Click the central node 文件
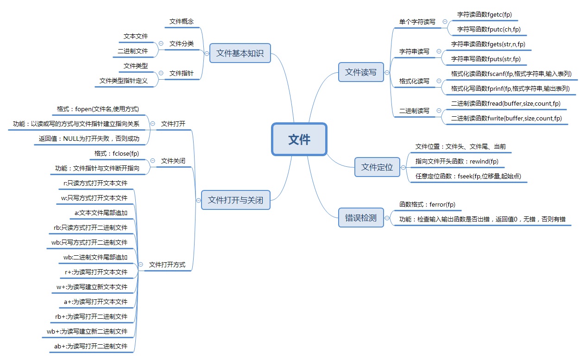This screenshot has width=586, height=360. click(x=299, y=139)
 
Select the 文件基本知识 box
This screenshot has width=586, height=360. click(x=239, y=53)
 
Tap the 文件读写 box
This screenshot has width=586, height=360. click(x=361, y=72)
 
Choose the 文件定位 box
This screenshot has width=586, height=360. click(x=377, y=167)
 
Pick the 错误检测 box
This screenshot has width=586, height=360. click(x=361, y=218)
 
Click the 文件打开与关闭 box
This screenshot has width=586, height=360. click(x=235, y=200)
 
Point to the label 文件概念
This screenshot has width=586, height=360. click(x=181, y=21)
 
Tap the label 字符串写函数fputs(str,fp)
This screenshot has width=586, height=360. click(x=486, y=59)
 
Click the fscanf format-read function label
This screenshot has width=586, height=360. click(x=511, y=74)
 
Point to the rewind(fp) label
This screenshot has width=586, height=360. click(x=457, y=161)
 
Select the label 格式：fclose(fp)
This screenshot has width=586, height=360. click(x=116, y=153)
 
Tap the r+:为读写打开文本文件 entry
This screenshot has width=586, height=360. click(x=96, y=272)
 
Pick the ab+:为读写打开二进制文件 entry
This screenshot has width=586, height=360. click(x=90, y=346)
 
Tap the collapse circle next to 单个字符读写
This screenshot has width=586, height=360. click(x=445, y=21)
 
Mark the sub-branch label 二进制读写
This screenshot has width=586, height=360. click(x=414, y=111)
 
